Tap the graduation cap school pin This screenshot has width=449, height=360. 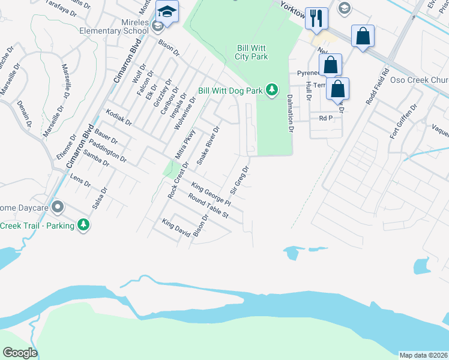point(166,11)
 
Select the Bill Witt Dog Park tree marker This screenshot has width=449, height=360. point(273,90)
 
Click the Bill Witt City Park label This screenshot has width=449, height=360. point(251,52)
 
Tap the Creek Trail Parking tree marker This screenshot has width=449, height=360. point(83,225)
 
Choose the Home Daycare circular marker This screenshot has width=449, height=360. point(58,208)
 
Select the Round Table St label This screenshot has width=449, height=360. point(208,205)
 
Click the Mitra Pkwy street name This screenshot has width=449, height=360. point(185,145)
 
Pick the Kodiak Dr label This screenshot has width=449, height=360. point(118,117)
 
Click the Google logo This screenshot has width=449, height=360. point(20,353)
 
